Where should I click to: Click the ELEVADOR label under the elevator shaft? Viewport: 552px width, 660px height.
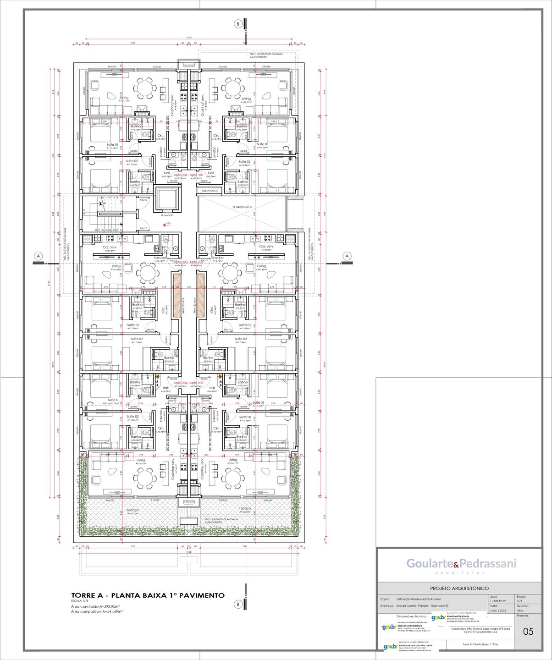tap(167, 215)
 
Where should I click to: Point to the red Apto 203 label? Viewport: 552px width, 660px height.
tap(180, 262)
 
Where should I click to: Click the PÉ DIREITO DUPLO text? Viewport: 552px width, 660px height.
tap(242, 207)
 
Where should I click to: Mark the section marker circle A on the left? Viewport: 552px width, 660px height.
tap(39, 256)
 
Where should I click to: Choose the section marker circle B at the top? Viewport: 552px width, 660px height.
tap(237, 24)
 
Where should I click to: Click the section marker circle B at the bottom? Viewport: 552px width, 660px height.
tap(237, 604)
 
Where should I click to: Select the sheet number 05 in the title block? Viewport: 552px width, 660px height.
tap(528, 632)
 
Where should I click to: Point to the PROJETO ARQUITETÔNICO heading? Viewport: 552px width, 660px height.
tap(459, 588)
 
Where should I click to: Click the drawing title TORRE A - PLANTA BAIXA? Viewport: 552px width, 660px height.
tap(148, 595)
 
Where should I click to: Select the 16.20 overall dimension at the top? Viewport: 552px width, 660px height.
tap(189, 38)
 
